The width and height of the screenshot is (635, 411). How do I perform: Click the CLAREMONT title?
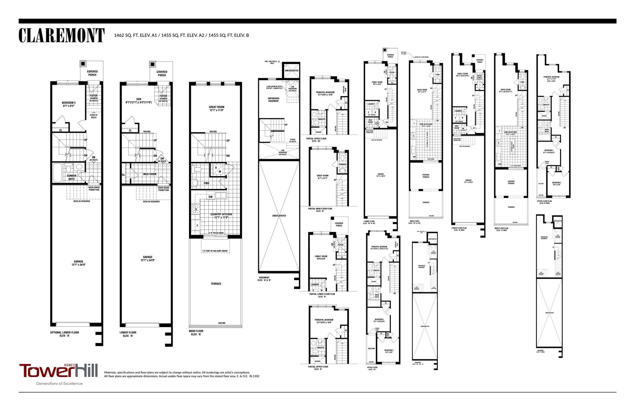click(x=61, y=35)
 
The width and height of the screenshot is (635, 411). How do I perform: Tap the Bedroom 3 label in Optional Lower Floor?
click(x=68, y=104)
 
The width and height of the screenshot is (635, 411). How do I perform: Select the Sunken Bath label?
click(x=71, y=177)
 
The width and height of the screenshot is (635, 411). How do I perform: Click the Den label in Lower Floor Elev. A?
click(x=138, y=101)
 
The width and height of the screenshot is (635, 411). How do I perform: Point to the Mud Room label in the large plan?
click(x=150, y=174)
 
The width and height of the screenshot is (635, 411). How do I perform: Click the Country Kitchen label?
click(x=221, y=216)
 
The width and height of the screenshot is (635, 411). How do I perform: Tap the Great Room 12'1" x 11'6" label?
click(x=216, y=108)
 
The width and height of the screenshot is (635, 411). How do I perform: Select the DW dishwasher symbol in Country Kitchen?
click(x=210, y=197)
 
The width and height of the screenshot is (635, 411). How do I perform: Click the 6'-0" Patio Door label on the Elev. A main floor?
click(x=216, y=233)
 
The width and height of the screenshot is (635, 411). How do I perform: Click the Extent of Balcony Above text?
click(x=215, y=251)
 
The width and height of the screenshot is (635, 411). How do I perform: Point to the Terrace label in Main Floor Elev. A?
click(x=216, y=284)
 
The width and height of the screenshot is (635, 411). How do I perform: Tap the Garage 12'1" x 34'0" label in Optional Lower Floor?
click(x=78, y=263)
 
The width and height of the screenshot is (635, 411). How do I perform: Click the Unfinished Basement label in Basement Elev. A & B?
click(x=273, y=100)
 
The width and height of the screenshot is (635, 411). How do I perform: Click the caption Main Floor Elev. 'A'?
click(x=196, y=333)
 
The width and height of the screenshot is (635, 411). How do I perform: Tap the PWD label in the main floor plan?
click(x=206, y=183)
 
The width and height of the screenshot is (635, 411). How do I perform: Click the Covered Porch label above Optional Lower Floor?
click(x=92, y=73)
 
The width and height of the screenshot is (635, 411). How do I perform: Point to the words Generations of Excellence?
click(x=59, y=383)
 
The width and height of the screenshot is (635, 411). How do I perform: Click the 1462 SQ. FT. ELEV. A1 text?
click(x=135, y=35)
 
